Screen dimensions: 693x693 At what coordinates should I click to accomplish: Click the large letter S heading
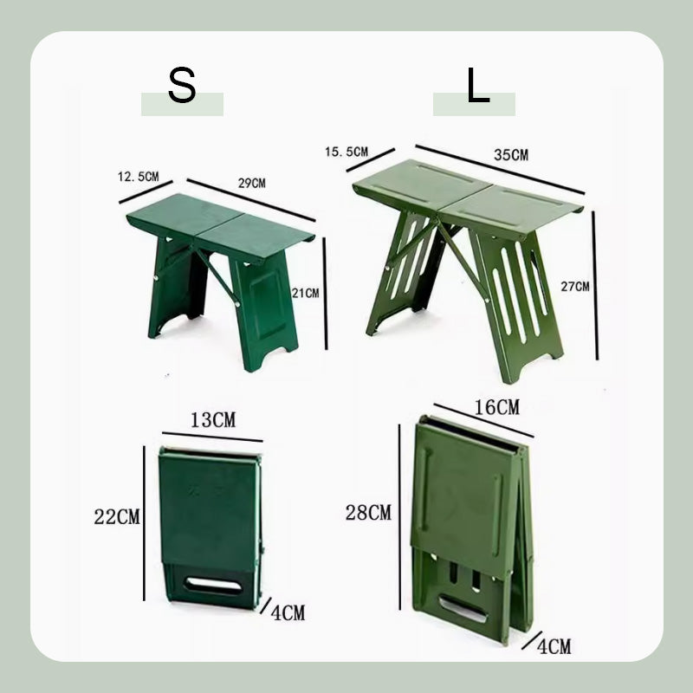point(182,86)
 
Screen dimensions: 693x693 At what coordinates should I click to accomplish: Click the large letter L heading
point(478,85)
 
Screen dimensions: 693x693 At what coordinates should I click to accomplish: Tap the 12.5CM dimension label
point(138,177)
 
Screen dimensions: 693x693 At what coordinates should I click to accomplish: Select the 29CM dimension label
point(252,183)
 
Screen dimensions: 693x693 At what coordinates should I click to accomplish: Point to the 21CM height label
point(305,293)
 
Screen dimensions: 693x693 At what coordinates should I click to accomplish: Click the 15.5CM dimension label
point(346,152)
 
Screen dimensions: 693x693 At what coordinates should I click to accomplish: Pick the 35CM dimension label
point(511,155)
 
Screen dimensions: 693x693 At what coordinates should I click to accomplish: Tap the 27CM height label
point(575,287)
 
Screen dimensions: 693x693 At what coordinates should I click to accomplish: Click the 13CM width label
point(213,420)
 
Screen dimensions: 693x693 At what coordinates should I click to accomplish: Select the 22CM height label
point(117,516)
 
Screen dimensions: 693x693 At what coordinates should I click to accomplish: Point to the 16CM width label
point(496,407)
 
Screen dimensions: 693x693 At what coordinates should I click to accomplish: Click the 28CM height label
point(368,513)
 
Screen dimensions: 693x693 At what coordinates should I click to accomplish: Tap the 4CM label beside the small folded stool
point(288,613)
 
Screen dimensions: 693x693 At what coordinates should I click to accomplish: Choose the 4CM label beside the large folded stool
point(554,646)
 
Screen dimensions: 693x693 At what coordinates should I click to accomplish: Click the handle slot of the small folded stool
point(213,585)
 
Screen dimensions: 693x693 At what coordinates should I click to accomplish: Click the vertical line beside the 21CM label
point(326,294)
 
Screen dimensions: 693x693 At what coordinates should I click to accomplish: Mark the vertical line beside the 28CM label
point(399,516)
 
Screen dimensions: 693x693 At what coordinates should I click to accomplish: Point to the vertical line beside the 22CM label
point(144,523)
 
